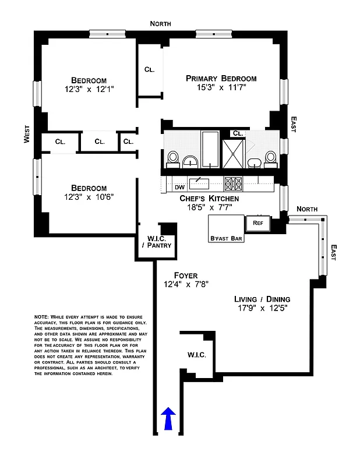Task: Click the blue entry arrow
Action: point(168,418)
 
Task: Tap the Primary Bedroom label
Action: point(221,79)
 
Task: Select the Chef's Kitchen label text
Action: point(209,199)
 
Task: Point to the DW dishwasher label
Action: point(180,188)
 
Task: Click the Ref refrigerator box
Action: point(257,223)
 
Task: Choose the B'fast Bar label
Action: point(227,238)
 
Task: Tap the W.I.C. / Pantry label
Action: point(156,241)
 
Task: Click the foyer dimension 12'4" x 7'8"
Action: point(186,285)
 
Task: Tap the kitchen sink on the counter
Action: point(199,184)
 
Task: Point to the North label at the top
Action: point(160,23)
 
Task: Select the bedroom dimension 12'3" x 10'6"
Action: point(89,197)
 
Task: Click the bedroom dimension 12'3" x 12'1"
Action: point(89,90)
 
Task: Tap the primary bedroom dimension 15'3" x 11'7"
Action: point(221,89)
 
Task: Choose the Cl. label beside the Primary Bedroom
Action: point(149,70)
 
